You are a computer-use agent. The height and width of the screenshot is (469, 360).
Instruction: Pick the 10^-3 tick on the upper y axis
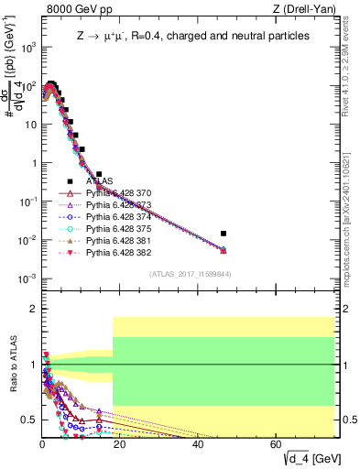point(27,278)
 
